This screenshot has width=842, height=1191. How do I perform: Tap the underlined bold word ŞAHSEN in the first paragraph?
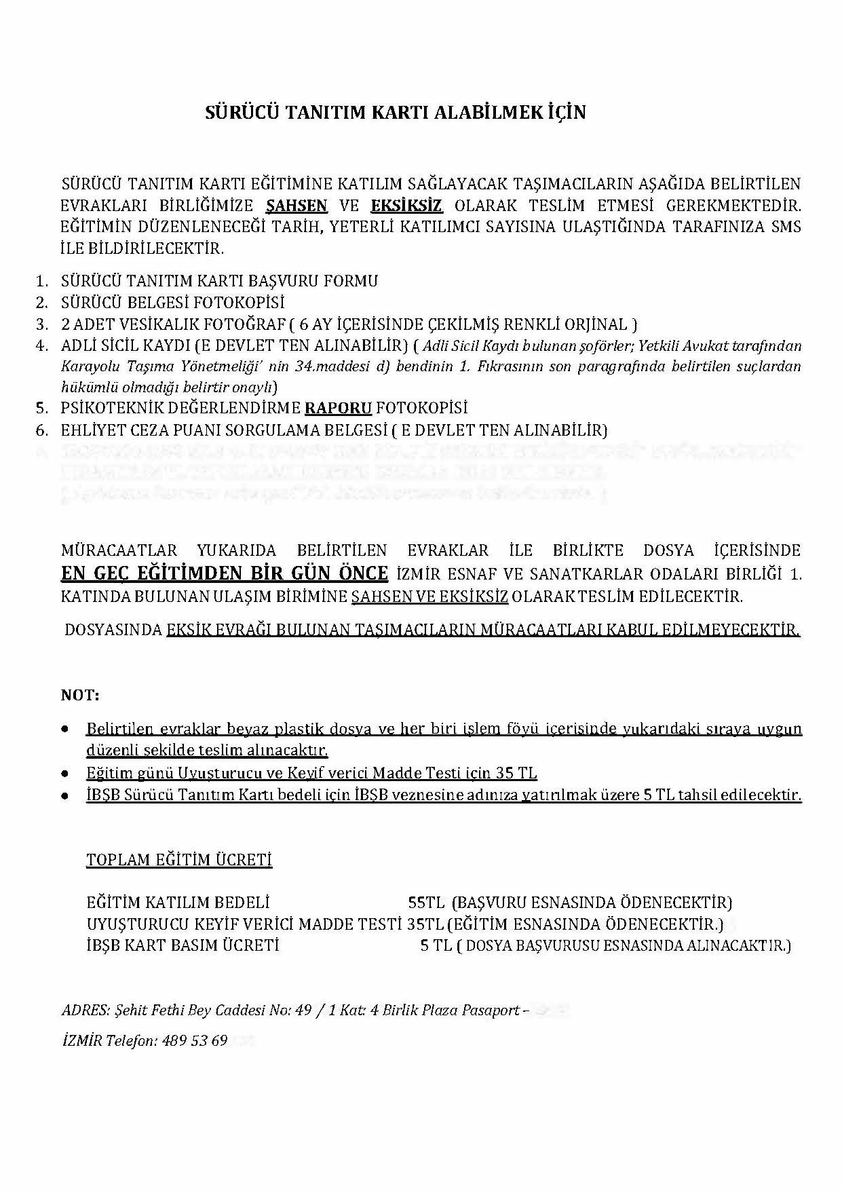(296, 205)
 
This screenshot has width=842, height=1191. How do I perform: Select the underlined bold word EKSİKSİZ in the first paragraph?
(406, 205)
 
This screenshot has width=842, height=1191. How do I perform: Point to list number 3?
(42, 324)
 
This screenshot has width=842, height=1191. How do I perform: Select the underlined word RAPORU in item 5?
(338, 409)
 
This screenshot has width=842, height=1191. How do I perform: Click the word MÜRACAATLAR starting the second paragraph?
(119, 550)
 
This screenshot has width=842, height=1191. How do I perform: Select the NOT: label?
(80, 696)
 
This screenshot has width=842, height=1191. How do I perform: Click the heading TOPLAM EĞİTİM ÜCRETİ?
(179, 861)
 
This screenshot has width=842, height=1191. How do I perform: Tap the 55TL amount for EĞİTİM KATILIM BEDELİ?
(426, 903)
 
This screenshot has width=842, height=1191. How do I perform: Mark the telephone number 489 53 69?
(195, 1040)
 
